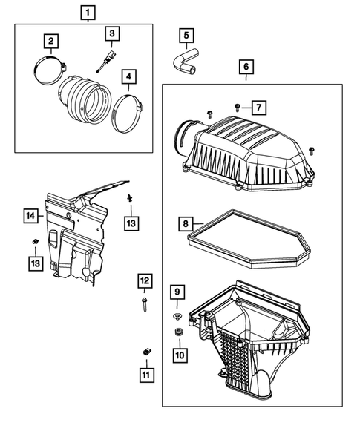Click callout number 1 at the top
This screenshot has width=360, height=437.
(88, 12)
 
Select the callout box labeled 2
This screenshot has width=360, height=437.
(51, 41)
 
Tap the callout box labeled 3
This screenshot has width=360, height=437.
(111, 33)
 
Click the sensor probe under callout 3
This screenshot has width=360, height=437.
(105, 62)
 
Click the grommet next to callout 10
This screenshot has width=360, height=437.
(178, 332)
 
